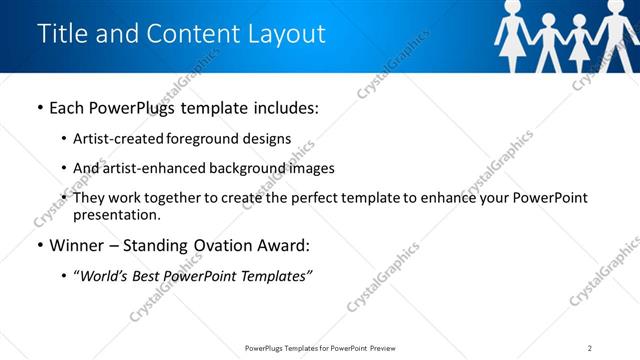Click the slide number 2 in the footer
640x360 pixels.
point(590,347)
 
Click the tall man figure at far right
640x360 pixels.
point(615,35)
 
